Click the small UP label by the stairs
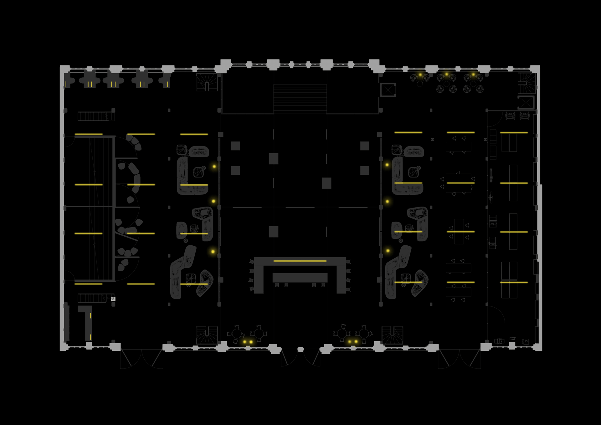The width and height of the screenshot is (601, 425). pos(113,299)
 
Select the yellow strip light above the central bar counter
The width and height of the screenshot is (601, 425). pos(300,261)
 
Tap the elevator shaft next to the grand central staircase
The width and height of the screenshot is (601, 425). pos(388,90)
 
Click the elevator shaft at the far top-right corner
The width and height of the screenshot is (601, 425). pos(526,102)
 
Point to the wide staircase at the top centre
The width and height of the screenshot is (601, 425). pos(300,98)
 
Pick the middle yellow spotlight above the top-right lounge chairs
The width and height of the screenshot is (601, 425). pos(446,74)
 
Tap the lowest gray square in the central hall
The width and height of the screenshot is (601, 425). pos(274,232)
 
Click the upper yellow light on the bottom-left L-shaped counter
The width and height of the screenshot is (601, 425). pos(90,316)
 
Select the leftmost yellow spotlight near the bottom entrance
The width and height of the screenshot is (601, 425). pos(245,342)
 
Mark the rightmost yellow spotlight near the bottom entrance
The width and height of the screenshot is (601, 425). pos(356,341)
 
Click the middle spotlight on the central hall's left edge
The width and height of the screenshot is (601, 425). pos(213,201)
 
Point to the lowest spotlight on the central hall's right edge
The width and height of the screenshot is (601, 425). pos(388,251)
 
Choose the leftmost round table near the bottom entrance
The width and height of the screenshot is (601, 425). pos(237,334)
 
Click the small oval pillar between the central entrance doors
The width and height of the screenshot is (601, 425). pos(300,349)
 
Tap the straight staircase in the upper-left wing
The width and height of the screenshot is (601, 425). pos(96,116)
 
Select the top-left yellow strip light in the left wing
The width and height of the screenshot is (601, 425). pos(89,134)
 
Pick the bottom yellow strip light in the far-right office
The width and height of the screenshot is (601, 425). pos(514,282)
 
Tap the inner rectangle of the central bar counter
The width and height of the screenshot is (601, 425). pos(300,277)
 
